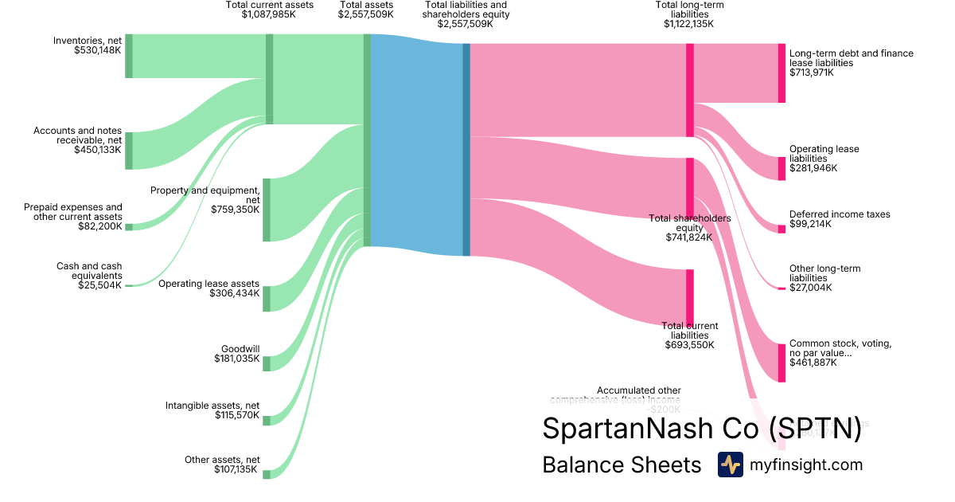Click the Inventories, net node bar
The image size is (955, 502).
(x=129, y=56)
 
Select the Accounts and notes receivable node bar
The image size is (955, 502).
(x=129, y=151)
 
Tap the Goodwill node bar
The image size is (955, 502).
(x=267, y=363)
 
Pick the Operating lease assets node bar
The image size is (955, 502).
(x=267, y=299)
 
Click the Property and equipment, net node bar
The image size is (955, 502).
(x=267, y=210)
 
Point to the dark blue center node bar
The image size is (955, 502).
(x=466, y=150)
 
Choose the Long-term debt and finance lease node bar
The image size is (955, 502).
(x=782, y=73)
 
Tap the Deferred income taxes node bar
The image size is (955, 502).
(x=782, y=229)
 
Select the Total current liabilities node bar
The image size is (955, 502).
(x=689, y=298)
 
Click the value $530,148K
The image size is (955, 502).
(x=99, y=50)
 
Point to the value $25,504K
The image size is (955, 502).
(x=100, y=285)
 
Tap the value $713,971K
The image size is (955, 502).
(x=812, y=73)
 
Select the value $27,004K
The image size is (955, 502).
(x=811, y=288)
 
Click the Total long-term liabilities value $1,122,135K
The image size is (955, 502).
(x=689, y=24)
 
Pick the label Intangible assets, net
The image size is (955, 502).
(x=212, y=406)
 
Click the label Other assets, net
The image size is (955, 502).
(x=222, y=460)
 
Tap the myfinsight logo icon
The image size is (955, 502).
(x=730, y=465)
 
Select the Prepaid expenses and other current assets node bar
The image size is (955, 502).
(x=129, y=227)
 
